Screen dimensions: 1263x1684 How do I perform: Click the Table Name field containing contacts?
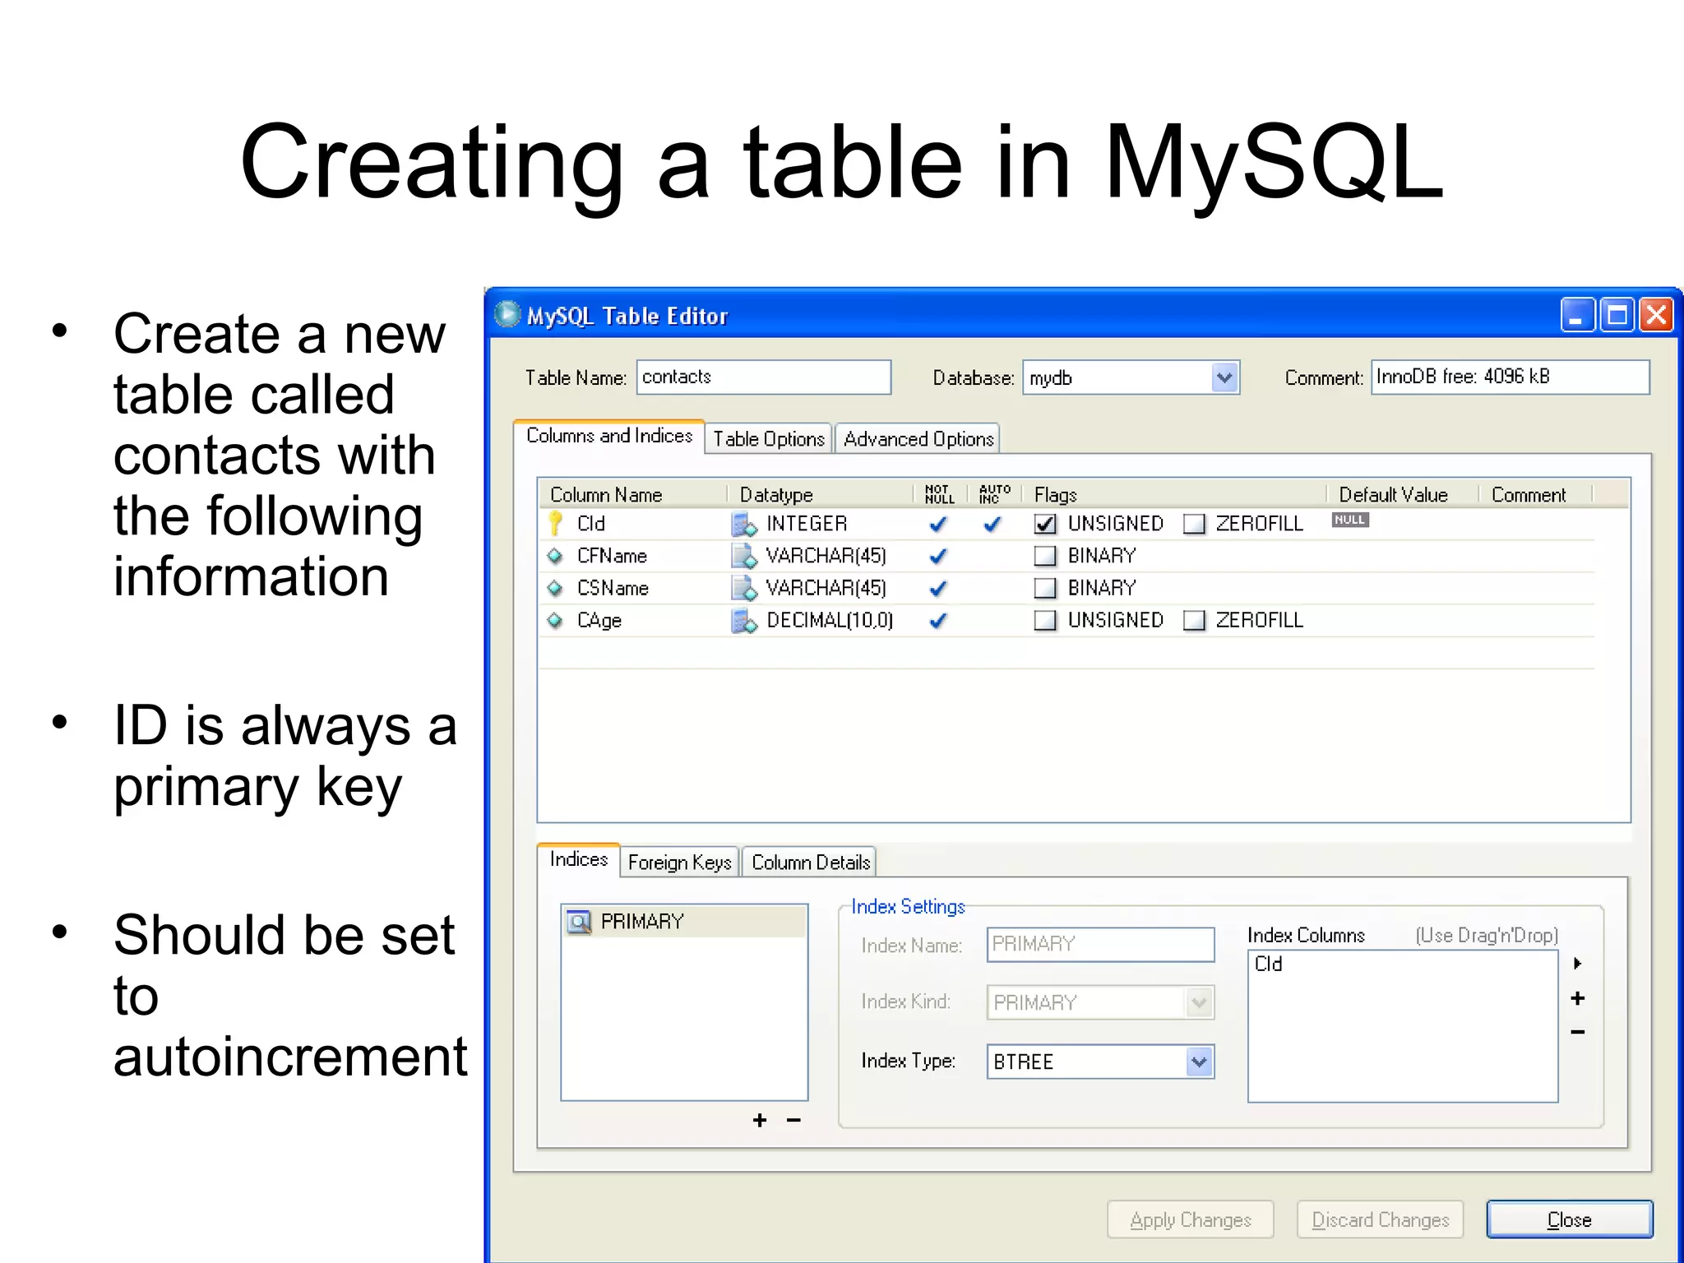coord(763,377)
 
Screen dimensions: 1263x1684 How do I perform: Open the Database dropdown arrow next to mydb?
coord(1224,378)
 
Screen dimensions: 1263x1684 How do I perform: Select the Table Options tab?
coord(768,439)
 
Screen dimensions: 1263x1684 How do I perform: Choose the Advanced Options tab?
coord(918,439)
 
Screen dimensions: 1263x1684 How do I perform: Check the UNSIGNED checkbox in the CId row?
coord(1045,524)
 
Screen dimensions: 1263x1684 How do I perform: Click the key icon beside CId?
coord(556,523)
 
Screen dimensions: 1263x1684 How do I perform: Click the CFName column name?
coord(612,556)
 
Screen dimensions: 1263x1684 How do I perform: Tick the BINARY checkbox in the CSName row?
coord(1045,588)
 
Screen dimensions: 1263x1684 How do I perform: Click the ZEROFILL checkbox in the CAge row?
coord(1194,620)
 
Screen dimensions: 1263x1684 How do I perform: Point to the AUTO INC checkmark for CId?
coord(992,524)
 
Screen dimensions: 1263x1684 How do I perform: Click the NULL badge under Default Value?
coord(1349,520)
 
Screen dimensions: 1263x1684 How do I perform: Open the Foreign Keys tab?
coord(679,863)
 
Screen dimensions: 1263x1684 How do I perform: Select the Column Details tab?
coord(810,863)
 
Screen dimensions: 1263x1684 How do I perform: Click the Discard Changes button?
coord(1380,1219)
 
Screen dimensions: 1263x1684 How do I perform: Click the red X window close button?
coord(1656,315)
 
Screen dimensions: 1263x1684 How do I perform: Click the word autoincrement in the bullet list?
coord(290,1057)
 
